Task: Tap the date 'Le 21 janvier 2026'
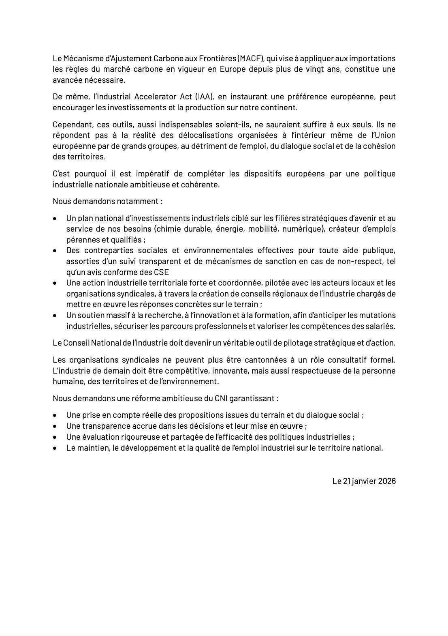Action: (x=364, y=481)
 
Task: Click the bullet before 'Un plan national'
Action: (x=55, y=219)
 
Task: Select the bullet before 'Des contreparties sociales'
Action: (x=55, y=251)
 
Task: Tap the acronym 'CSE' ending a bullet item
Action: (x=161, y=272)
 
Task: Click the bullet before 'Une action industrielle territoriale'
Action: (x=55, y=283)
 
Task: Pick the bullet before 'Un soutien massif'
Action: (x=55, y=316)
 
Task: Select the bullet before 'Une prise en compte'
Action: (x=55, y=416)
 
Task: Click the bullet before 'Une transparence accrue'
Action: (x=55, y=427)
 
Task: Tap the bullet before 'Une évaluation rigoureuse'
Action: (x=55, y=438)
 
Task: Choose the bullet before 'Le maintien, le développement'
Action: (x=55, y=449)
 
